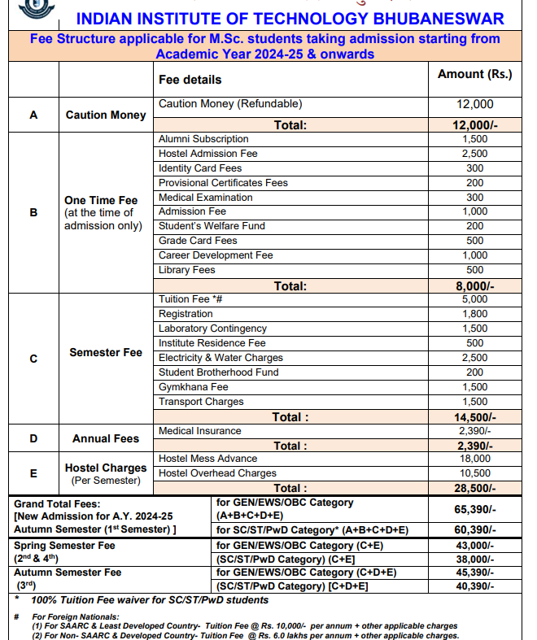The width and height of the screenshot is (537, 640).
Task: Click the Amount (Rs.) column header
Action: (x=474, y=74)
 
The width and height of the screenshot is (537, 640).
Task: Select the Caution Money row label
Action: (x=106, y=115)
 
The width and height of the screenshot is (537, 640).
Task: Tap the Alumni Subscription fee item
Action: (x=203, y=139)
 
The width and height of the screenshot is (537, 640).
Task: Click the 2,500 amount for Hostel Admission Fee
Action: (x=474, y=154)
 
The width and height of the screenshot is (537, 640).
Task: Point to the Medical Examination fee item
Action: (x=205, y=198)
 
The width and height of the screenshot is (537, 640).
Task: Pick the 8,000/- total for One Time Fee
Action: (x=474, y=286)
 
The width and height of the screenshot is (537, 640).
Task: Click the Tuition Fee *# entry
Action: (x=190, y=299)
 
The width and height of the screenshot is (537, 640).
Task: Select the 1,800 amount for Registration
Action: (x=474, y=314)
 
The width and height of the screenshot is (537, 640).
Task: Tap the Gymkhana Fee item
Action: (x=193, y=387)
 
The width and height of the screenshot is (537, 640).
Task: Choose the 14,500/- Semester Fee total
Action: (x=474, y=417)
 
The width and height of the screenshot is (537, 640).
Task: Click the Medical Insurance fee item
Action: (x=199, y=431)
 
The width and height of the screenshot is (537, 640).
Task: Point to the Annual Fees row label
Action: (x=106, y=438)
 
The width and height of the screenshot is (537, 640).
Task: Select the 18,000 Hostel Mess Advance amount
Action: (x=474, y=459)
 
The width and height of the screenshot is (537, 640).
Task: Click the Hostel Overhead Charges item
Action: (x=217, y=473)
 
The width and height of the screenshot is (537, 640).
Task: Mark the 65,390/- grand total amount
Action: (x=474, y=509)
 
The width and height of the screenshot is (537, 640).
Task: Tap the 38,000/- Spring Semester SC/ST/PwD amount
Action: (x=474, y=559)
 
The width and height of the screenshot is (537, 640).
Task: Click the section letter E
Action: (x=33, y=473)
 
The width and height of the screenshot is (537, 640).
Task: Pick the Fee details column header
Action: (x=190, y=80)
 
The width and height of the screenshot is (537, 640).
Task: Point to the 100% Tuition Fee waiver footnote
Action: (x=150, y=600)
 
